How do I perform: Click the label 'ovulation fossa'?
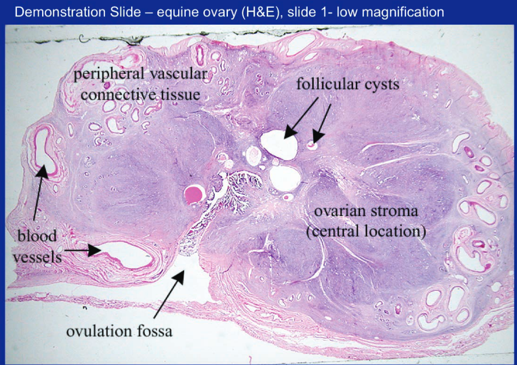point(119,331)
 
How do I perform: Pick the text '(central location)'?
point(366,231)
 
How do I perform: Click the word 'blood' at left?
point(37,236)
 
